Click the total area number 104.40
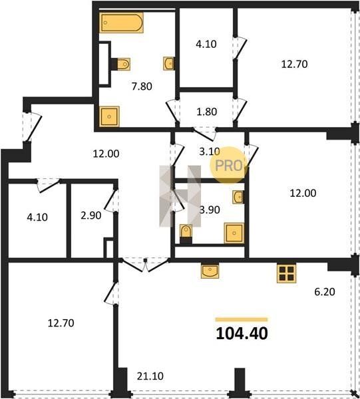pyautogui.click(x=242, y=333)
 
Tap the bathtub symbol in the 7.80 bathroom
pyautogui.click(x=121, y=23)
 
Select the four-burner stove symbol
pyautogui.click(x=286, y=273)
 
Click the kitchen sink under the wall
pyautogui.click(x=210, y=271)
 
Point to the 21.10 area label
pyautogui.click(x=150, y=376)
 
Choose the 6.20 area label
pyautogui.click(x=325, y=292)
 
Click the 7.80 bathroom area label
pyautogui.click(x=142, y=86)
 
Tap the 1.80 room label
pyautogui.click(x=207, y=112)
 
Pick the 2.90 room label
pyautogui.click(x=91, y=215)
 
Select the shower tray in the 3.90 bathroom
pyautogui.click(x=234, y=233)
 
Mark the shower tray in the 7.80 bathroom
pyautogui.click(x=110, y=116)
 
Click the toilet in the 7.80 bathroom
pyautogui.click(x=120, y=64)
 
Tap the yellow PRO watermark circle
pyautogui.click(x=228, y=165)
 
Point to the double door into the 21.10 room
pyautogui.click(x=145, y=265)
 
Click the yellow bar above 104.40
pyautogui.click(x=242, y=320)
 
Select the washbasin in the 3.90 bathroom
pyautogui.click(x=238, y=197)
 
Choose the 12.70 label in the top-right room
pyautogui.click(x=294, y=64)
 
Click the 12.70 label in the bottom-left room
pyautogui.click(x=61, y=323)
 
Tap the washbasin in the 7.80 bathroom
pyautogui.click(x=168, y=63)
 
